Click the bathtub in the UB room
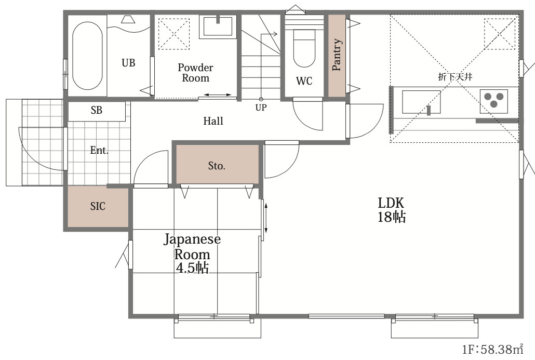[x=87, y=56]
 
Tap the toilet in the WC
[x=304, y=48]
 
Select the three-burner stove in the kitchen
[x=494, y=101]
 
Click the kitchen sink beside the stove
[x=421, y=102]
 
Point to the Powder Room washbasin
[x=218, y=26]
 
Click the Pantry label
[x=337, y=55]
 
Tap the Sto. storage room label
[x=217, y=166]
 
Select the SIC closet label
[x=98, y=206]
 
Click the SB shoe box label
[x=97, y=110]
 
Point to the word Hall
[x=213, y=121]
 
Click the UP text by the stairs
[x=261, y=108]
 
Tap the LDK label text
[x=391, y=203]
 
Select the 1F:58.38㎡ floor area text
[x=493, y=349]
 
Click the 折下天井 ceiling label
[x=455, y=76]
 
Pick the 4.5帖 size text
[x=192, y=268]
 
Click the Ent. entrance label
[x=99, y=150]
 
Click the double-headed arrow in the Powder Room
[x=218, y=95]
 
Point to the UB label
[x=128, y=63]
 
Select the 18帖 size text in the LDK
[x=391, y=217]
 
